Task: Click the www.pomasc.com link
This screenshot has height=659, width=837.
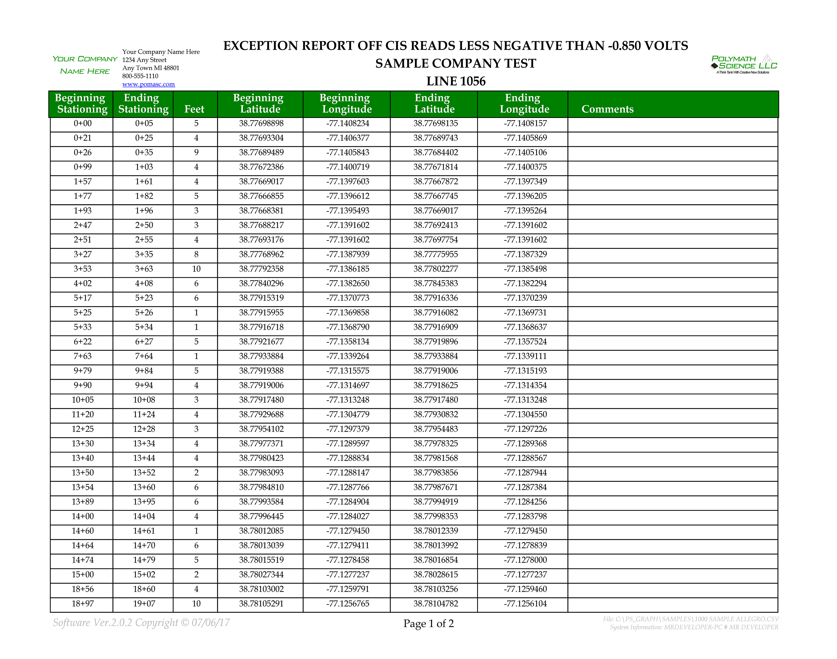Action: pyautogui.click(x=148, y=84)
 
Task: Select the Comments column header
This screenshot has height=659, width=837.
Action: pyautogui.click(x=607, y=109)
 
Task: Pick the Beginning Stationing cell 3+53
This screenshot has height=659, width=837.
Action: pyautogui.click(x=82, y=269)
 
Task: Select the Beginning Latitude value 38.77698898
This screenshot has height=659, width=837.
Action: pyautogui.click(x=261, y=123)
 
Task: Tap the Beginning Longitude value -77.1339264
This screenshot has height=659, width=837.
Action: pyautogui.click(x=347, y=356)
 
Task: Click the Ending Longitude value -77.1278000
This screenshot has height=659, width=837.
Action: pyautogui.click(x=525, y=560)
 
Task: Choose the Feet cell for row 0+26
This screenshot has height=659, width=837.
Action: pyautogui.click(x=196, y=153)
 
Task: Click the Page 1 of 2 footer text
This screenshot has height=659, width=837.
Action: pyautogui.click(x=428, y=623)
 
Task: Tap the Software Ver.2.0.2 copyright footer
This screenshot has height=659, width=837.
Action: pyautogui.click(x=141, y=623)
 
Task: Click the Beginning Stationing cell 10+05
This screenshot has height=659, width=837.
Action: pyautogui.click(x=82, y=400)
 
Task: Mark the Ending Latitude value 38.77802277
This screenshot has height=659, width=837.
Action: pyautogui.click(x=435, y=269)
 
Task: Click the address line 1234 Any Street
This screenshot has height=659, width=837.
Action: pyautogui.click(x=144, y=60)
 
